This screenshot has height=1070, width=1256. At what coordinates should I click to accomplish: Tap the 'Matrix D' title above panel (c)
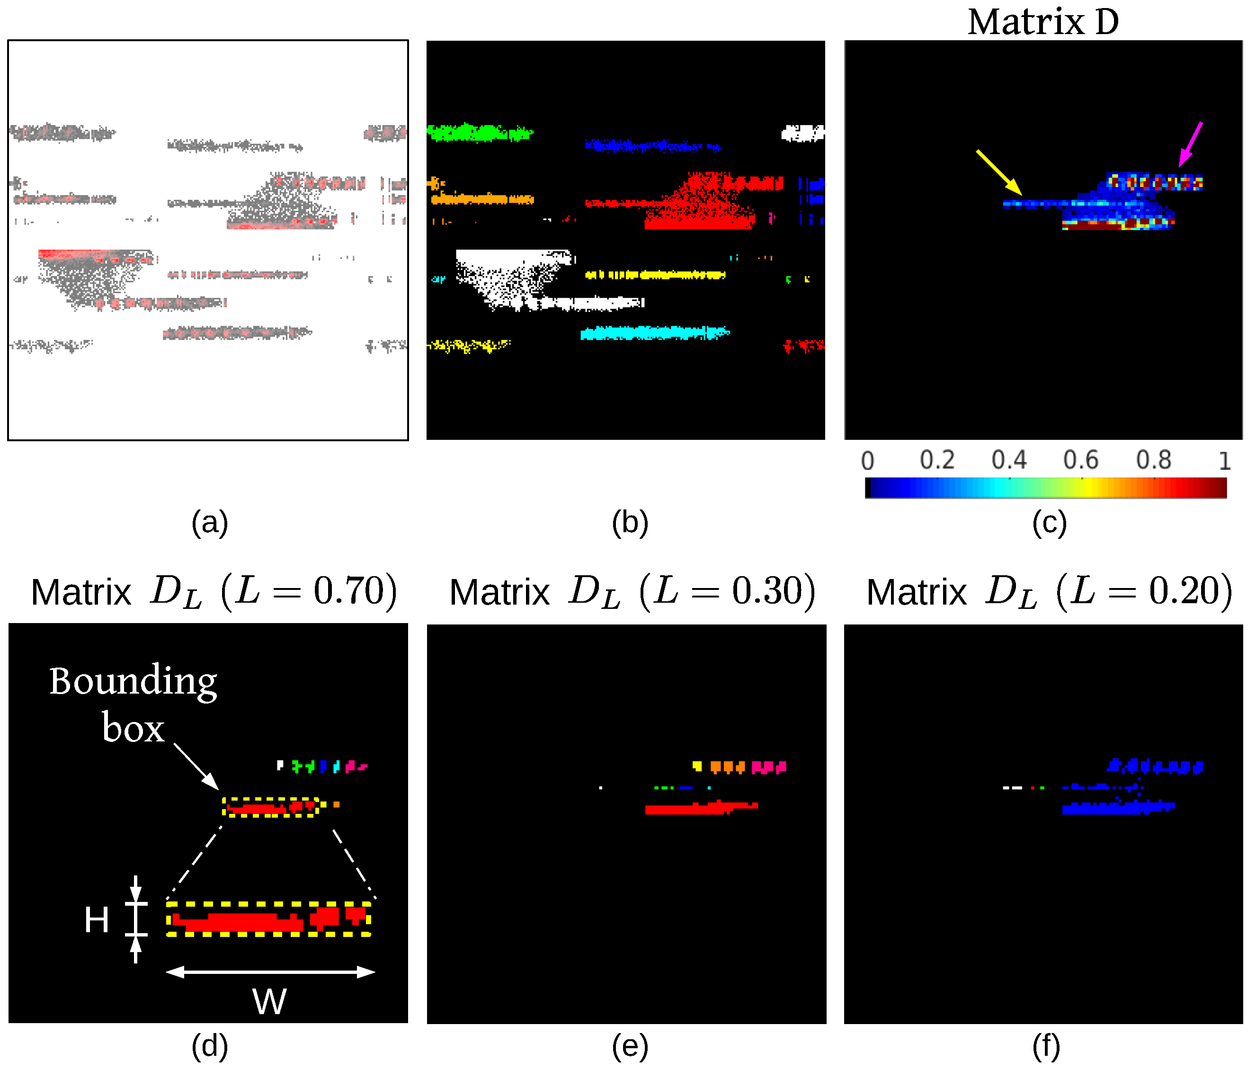pyautogui.click(x=1042, y=22)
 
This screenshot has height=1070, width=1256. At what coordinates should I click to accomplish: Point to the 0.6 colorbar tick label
pyautogui.click(x=1081, y=460)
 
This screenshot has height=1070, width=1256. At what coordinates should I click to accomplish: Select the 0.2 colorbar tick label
pyautogui.click(x=937, y=460)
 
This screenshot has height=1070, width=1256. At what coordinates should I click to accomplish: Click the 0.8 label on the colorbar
pyautogui.click(x=1154, y=460)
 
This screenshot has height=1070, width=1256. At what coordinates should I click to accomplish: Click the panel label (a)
pyautogui.click(x=210, y=523)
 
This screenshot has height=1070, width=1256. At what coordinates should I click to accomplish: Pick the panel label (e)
pyautogui.click(x=630, y=1047)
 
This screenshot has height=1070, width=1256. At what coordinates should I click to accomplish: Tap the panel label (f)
pyautogui.click(x=1046, y=1047)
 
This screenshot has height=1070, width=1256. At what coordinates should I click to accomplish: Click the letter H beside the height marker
pyautogui.click(x=97, y=919)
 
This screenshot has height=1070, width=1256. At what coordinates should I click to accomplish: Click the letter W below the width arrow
pyautogui.click(x=269, y=1001)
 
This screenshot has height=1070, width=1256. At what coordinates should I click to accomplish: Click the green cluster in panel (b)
pyautogui.click(x=479, y=132)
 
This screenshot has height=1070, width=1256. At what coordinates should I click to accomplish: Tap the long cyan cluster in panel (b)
pyautogui.click(x=655, y=333)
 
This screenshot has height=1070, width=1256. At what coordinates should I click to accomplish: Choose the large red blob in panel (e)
pyautogui.click(x=697, y=808)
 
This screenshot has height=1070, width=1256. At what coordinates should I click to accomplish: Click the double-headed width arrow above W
pyautogui.click(x=270, y=972)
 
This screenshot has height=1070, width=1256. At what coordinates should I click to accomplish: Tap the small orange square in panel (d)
pyautogui.click(x=337, y=804)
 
